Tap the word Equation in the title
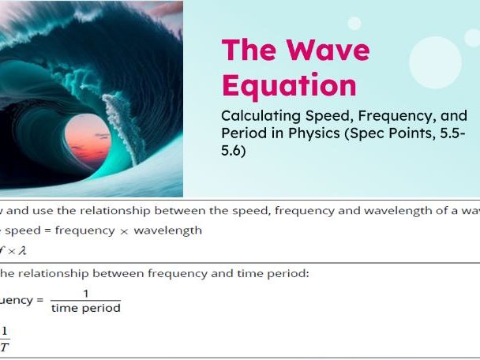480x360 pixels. click(x=289, y=84)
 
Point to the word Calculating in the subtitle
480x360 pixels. click(x=259, y=115)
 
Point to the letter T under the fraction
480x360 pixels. click(x=5, y=346)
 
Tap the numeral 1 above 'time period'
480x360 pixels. click(x=85, y=294)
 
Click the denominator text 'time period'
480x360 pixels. click(x=85, y=308)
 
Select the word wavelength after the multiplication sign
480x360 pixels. click(x=167, y=231)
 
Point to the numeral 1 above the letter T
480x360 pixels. click(x=5, y=332)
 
